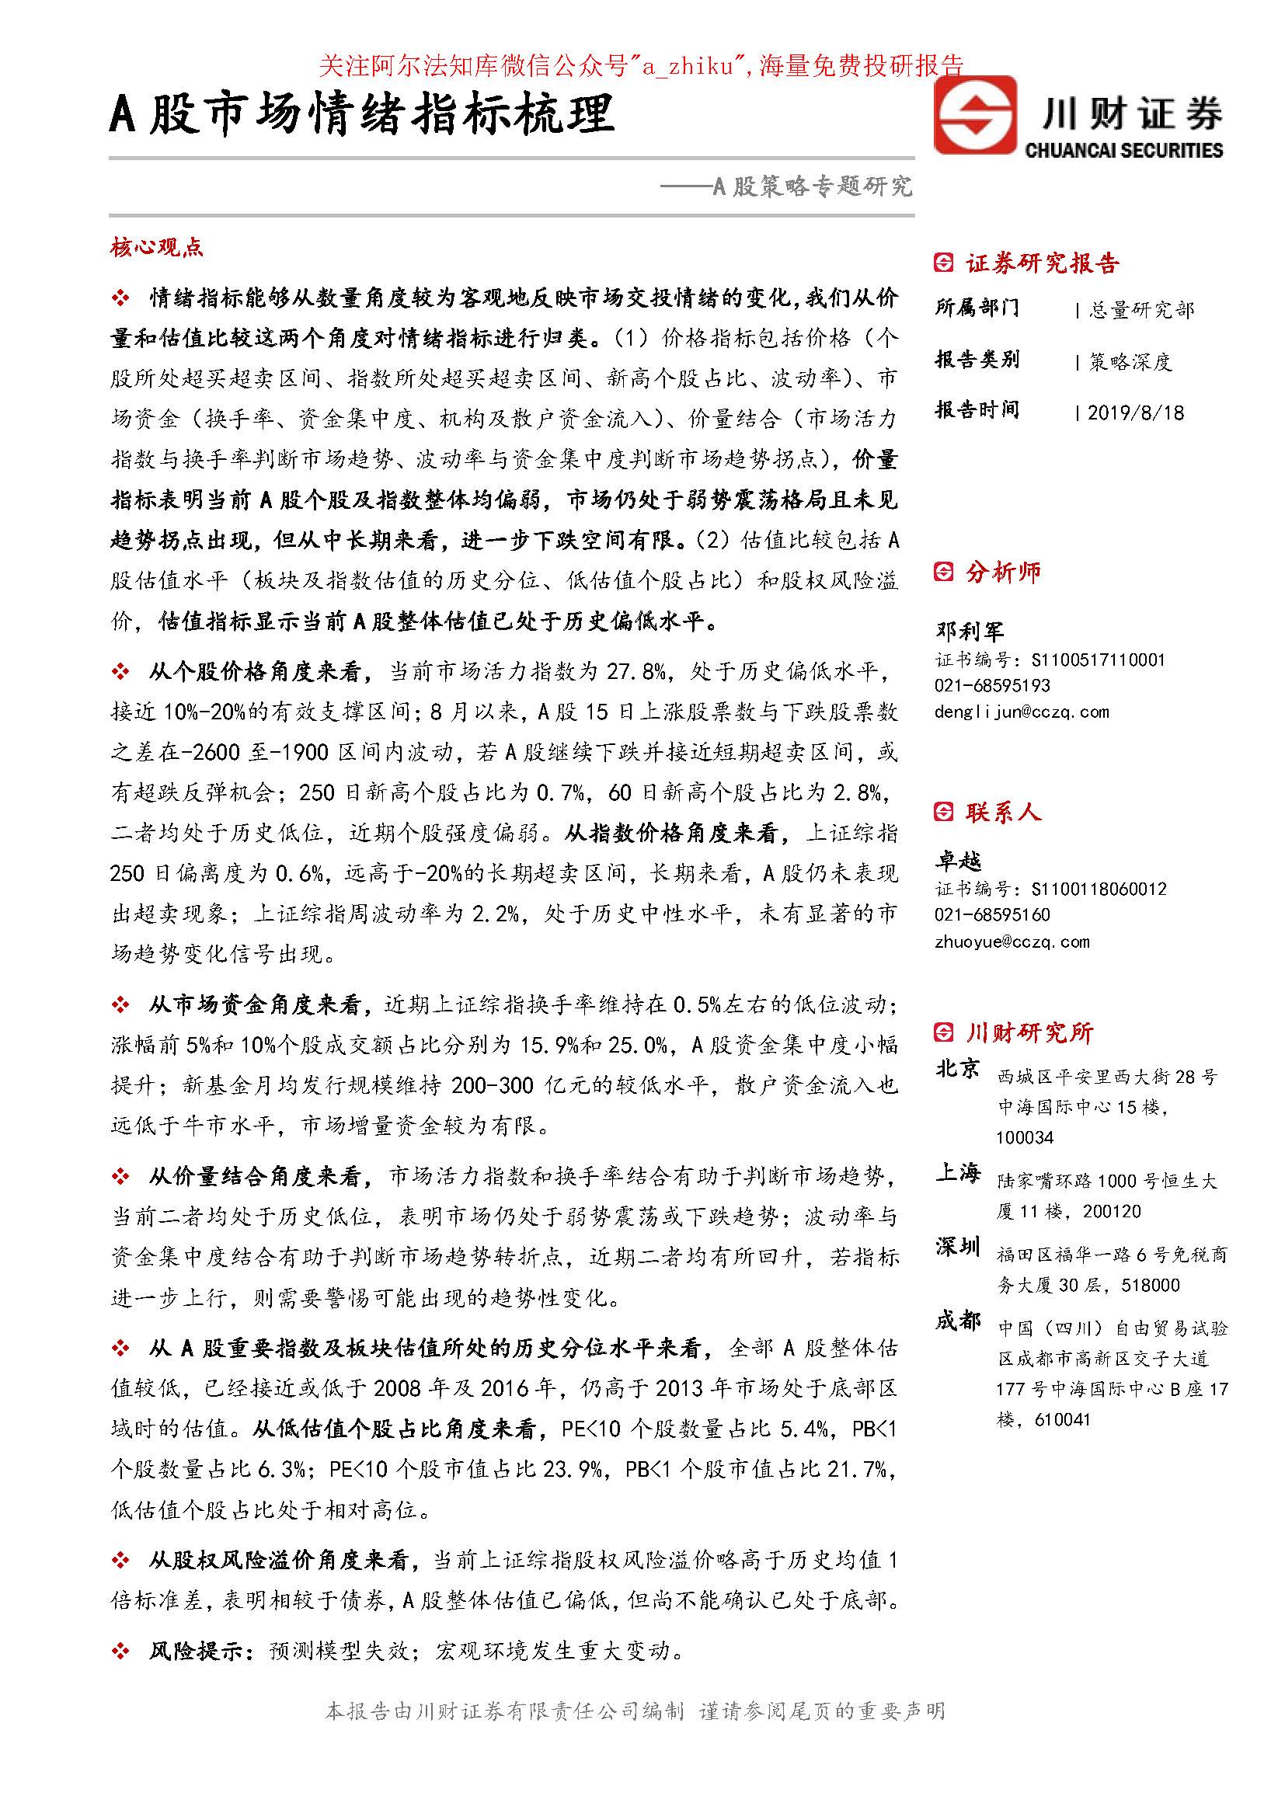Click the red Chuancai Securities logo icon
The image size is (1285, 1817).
click(x=974, y=115)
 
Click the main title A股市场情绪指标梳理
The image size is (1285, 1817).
click(x=361, y=114)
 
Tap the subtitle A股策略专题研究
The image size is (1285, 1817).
click(x=813, y=186)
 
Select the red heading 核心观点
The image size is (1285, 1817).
click(x=157, y=248)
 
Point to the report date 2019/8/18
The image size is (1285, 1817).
click(x=1136, y=412)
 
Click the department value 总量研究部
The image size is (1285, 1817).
click(x=1140, y=309)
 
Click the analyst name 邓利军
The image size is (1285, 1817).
click(x=970, y=631)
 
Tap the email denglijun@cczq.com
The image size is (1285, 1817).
click(x=1022, y=712)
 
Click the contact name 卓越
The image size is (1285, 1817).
click(x=958, y=860)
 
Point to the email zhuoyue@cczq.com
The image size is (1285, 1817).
click(x=1012, y=942)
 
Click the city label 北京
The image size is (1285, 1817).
click(x=957, y=1068)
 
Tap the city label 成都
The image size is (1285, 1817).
click(x=957, y=1320)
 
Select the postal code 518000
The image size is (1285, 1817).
click(x=1151, y=1285)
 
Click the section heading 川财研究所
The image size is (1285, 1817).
click(x=1029, y=1032)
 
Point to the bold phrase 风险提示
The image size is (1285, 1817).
click(x=201, y=1651)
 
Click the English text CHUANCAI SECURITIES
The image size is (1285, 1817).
click(x=1123, y=150)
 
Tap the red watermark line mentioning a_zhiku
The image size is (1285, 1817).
click(x=641, y=66)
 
